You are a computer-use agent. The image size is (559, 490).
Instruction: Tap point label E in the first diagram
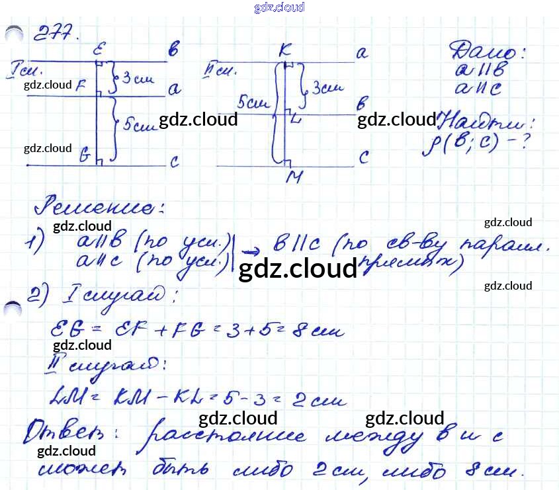pos(99,49)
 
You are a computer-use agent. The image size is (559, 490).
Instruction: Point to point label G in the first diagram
pos(85,156)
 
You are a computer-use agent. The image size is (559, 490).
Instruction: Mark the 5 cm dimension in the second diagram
pos(252,102)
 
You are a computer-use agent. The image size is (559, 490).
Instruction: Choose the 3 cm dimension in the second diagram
pos(327,87)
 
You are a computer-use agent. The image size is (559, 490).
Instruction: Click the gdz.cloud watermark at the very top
pos(279,7)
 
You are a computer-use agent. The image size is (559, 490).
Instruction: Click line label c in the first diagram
pos(175,162)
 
